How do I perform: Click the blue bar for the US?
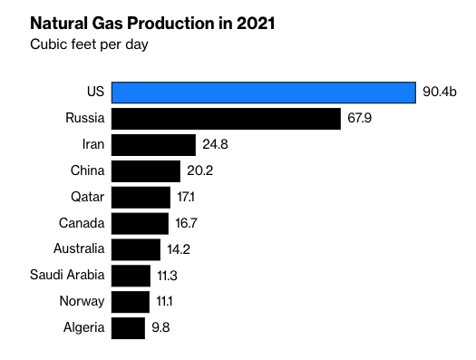coord(264,92)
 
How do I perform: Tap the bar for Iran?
coord(153,145)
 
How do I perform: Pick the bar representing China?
coord(146,171)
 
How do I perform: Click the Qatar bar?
coord(141,198)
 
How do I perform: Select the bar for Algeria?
coord(128,327)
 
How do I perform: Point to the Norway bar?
coord(131,301)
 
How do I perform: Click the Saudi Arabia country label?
coord(68,275)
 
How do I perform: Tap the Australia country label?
coord(78,249)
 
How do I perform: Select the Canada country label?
coord(82,223)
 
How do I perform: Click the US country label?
coord(95,92)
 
